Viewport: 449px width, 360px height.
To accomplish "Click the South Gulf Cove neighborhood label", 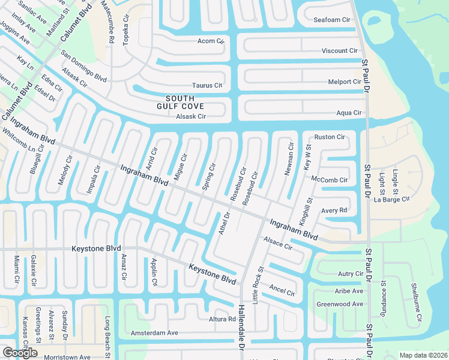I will [x=180, y=103].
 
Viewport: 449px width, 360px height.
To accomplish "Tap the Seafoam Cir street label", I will [x=331, y=20].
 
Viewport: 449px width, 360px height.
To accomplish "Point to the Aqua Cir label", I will [x=349, y=113].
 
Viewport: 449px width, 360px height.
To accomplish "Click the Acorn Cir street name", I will [x=210, y=41].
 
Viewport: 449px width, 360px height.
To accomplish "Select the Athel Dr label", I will [x=224, y=223].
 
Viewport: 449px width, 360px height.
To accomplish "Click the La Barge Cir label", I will [x=393, y=198].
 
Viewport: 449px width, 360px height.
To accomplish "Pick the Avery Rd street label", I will [x=334, y=211].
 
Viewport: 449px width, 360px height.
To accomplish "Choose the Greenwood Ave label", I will [x=340, y=304].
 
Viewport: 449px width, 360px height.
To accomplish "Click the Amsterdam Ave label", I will [x=155, y=332].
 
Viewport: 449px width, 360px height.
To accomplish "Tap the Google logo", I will [x=20, y=353].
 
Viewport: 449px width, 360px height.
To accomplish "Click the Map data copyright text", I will [x=423, y=355].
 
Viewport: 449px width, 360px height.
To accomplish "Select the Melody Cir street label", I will [x=65, y=170].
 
